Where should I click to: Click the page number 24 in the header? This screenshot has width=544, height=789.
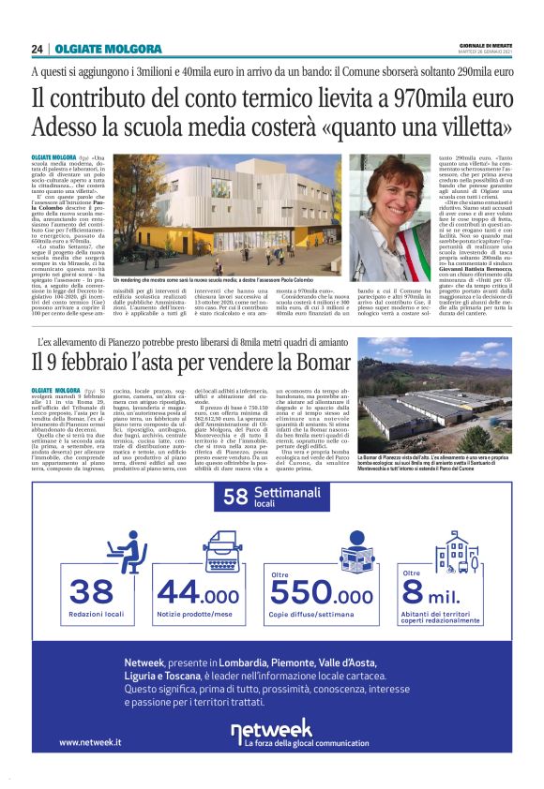tap(38, 49)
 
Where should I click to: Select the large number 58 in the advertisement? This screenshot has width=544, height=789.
tap(234, 499)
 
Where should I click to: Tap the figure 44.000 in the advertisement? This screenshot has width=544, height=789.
tap(198, 592)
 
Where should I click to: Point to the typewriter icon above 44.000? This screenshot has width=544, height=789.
tap(219, 550)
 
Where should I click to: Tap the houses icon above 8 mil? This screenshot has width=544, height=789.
tap(456, 553)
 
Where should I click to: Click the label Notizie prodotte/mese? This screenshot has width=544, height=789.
tap(198, 614)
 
